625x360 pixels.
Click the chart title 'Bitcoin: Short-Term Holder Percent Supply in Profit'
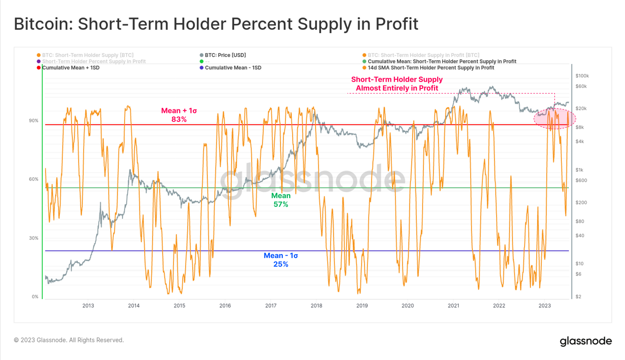pos(216,24)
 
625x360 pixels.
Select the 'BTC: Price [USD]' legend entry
pos(225,55)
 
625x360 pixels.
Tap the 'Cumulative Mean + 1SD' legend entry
pos(70,68)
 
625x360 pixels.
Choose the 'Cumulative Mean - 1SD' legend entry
pos(233,68)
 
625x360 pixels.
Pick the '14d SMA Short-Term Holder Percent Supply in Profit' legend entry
pos(430,68)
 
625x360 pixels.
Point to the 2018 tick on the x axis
pos(316,306)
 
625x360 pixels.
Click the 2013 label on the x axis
pos(88,306)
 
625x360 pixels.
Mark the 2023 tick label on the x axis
pos(545,306)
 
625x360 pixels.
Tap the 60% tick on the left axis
pos(34,179)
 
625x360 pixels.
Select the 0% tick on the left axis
pos(35,297)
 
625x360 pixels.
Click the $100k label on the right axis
pos(582,76)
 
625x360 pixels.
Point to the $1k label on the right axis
pos(579,170)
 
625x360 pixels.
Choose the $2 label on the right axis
pos(578,297)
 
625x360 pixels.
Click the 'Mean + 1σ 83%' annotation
pos(179,115)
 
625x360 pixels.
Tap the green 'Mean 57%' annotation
pos(281,200)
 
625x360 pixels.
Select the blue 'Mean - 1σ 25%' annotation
pos(281,260)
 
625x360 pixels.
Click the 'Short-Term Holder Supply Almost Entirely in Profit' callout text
pos(397,84)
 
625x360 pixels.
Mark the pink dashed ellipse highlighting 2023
pos(555,119)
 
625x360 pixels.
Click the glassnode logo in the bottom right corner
pos(586,341)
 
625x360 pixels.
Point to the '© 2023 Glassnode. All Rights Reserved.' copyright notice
pos(69,340)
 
